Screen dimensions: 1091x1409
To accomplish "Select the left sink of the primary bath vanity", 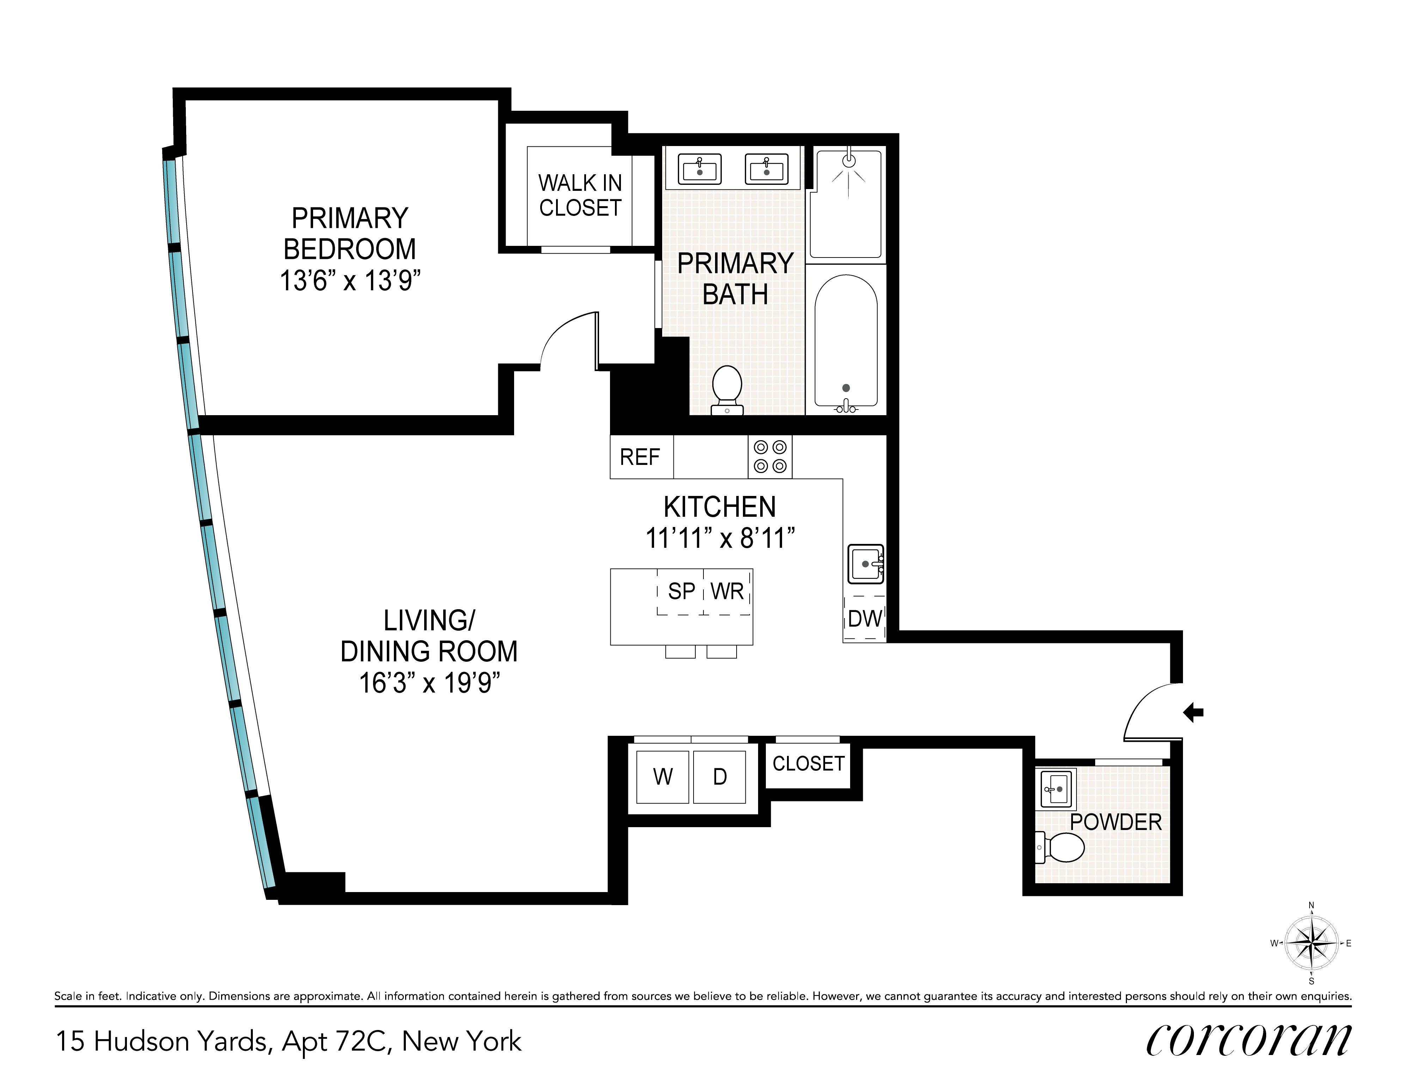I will click(699, 170).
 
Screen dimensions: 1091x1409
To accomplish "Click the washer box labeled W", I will click(663, 777).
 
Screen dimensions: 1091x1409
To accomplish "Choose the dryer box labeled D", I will click(719, 777).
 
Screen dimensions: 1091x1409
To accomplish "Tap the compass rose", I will click(1311, 943).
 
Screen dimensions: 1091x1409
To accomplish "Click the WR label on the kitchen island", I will click(727, 591).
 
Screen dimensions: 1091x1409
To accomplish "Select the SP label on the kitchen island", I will click(681, 591).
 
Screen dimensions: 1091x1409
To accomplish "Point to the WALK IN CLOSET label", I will click(580, 195).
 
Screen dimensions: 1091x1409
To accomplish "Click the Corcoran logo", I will click(1248, 1041).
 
